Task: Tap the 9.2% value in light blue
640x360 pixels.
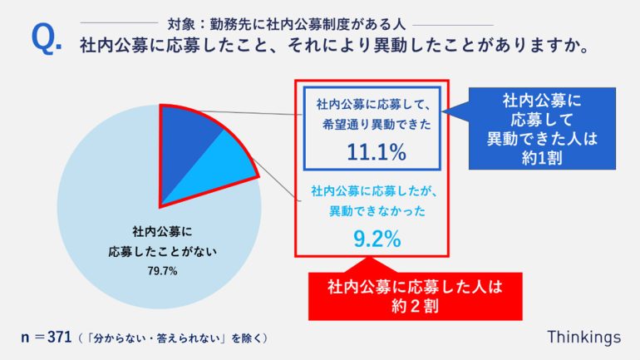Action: [x=377, y=239]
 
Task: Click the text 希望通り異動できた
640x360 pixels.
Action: [x=377, y=128]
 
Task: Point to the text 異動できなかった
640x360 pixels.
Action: [x=377, y=212]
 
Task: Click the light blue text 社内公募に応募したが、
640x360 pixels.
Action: [x=377, y=192]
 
